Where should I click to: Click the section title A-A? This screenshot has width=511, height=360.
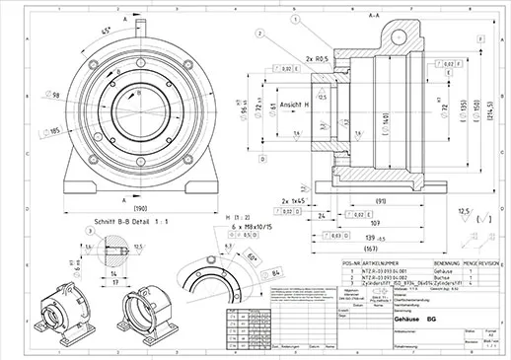tap(374, 16)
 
